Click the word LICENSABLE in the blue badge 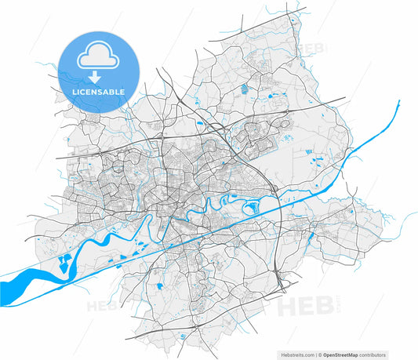point(98,93)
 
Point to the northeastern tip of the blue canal point(398,102)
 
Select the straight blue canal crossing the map point(235,224)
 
